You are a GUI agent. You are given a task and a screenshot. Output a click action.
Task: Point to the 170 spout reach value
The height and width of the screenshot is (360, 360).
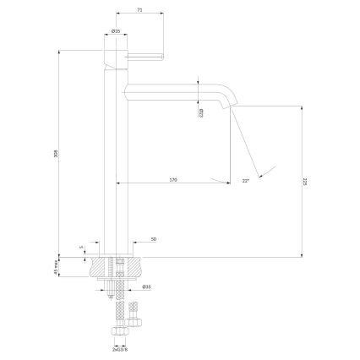173,179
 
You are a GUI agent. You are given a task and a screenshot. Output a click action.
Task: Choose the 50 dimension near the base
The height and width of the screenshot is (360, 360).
154,239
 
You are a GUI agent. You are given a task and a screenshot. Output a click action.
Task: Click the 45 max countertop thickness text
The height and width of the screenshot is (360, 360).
57,268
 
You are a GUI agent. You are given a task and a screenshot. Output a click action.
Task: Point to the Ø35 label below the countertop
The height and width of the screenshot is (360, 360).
145,286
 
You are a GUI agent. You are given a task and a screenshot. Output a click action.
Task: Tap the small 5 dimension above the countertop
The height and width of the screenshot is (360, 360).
81,248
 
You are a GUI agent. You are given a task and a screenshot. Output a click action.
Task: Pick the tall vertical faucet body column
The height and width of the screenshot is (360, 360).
115,152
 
